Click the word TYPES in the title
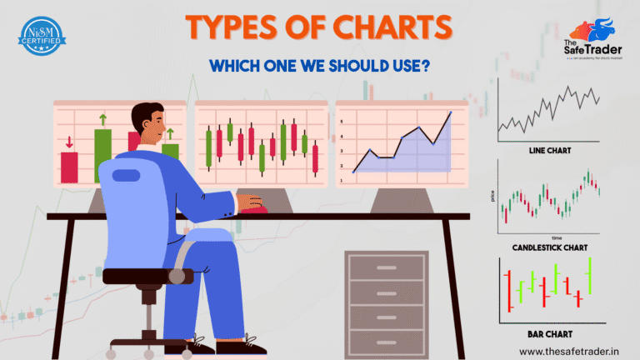point(236,27)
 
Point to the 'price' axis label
point(493,197)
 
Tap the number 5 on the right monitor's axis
point(340,122)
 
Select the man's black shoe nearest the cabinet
point(251,344)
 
